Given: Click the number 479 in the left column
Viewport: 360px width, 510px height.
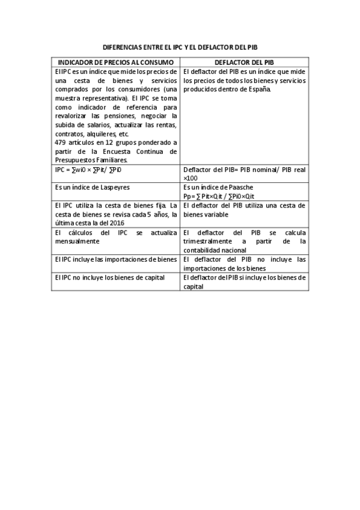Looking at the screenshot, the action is click(60, 143).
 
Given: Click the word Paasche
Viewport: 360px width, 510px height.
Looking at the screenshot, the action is click(228, 187).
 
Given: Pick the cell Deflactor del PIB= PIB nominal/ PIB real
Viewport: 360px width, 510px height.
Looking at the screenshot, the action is click(244, 170).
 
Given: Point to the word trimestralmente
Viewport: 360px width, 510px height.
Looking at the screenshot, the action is click(207, 241).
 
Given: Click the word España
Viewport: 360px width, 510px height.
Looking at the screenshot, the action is click(259, 89).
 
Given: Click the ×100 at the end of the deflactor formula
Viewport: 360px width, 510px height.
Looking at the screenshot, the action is click(190, 178).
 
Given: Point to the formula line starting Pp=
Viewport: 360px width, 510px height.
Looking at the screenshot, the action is click(229, 196).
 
